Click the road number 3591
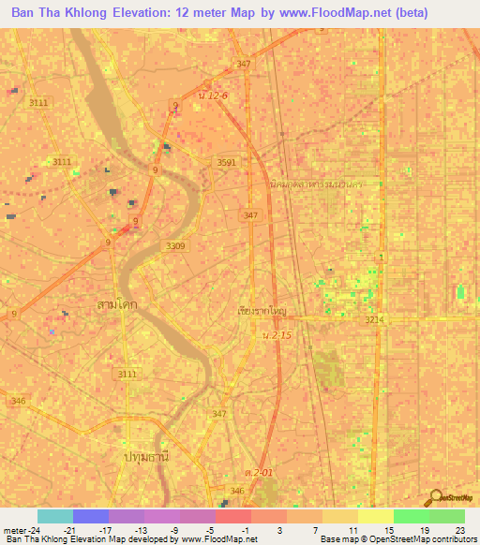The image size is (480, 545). [x=227, y=162]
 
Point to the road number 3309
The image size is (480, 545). [x=175, y=245]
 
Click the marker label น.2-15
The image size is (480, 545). [x=277, y=334]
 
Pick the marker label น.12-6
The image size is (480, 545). [x=213, y=95]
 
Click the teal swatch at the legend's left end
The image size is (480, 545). [x=54, y=516]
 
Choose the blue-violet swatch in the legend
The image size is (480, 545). [x=90, y=516]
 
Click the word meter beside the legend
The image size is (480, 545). [x=15, y=529]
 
